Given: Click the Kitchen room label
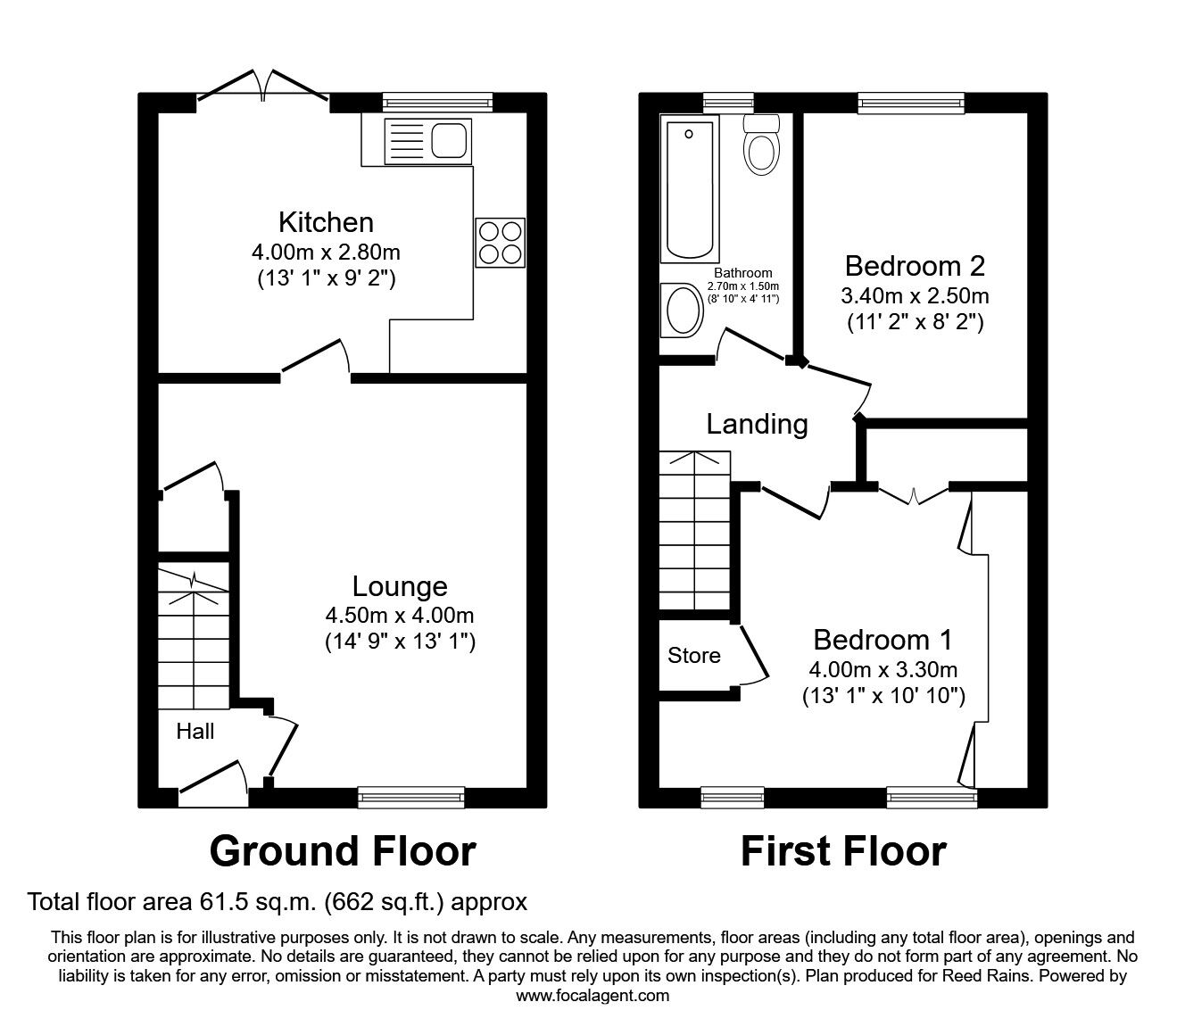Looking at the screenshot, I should (x=326, y=221).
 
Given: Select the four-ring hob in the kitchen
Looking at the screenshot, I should (x=500, y=242).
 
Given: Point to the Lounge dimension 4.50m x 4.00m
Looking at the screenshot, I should (x=400, y=615).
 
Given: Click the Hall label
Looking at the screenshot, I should (x=195, y=732).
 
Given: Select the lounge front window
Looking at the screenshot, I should (x=411, y=796).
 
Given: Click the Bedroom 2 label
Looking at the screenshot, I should (x=915, y=266).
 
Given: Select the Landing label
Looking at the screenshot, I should (x=757, y=424).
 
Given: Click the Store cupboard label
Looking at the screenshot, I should (x=693, y=656).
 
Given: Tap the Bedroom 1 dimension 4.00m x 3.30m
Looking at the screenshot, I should (x=883, y=669).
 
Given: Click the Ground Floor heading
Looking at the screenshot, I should (x=342, y=852).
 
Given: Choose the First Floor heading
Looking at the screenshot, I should (x=843, y=852).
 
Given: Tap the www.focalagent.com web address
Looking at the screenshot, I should (x=592, y=997).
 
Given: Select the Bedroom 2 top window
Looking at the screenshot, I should (x=911, y=103).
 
